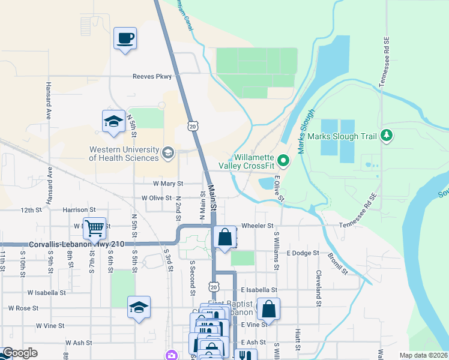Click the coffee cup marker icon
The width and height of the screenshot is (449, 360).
pos(125,39)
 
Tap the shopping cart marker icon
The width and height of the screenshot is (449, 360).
pos(95,228)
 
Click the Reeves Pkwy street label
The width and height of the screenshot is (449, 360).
pos(152,76)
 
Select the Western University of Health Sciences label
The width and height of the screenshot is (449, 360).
pos(124,154)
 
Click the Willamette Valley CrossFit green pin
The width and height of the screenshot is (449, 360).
pos(285,160)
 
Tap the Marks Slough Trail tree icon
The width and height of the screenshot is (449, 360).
pos(387,136)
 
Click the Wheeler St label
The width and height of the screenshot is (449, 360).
pos(258,226)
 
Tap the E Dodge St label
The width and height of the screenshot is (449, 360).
pos(302,253)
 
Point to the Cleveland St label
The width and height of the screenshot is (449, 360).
pos(319,287)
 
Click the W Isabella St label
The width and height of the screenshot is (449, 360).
pos(46,292)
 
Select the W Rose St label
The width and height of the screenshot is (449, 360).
pos(23,308)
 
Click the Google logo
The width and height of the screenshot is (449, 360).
pos(19,353)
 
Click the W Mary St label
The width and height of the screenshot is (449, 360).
pos(168,183)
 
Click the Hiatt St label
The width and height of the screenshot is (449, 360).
pos(298,340)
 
